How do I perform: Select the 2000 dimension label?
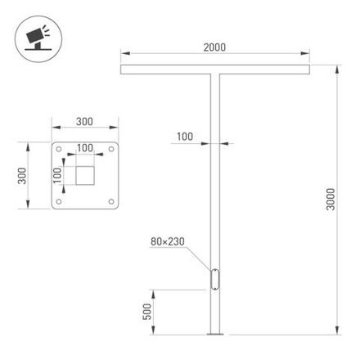(214, 49)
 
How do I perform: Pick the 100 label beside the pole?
(185, 137)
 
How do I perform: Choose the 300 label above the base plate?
(83, 121)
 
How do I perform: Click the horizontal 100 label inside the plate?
(85, 149)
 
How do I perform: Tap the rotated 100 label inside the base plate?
(57, 174)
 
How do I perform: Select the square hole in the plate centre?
(85, 174)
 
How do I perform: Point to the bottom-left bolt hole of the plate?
(60, 200)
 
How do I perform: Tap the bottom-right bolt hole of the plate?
(110, 200)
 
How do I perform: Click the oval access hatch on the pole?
(215, 278)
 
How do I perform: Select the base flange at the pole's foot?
(215, 333)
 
